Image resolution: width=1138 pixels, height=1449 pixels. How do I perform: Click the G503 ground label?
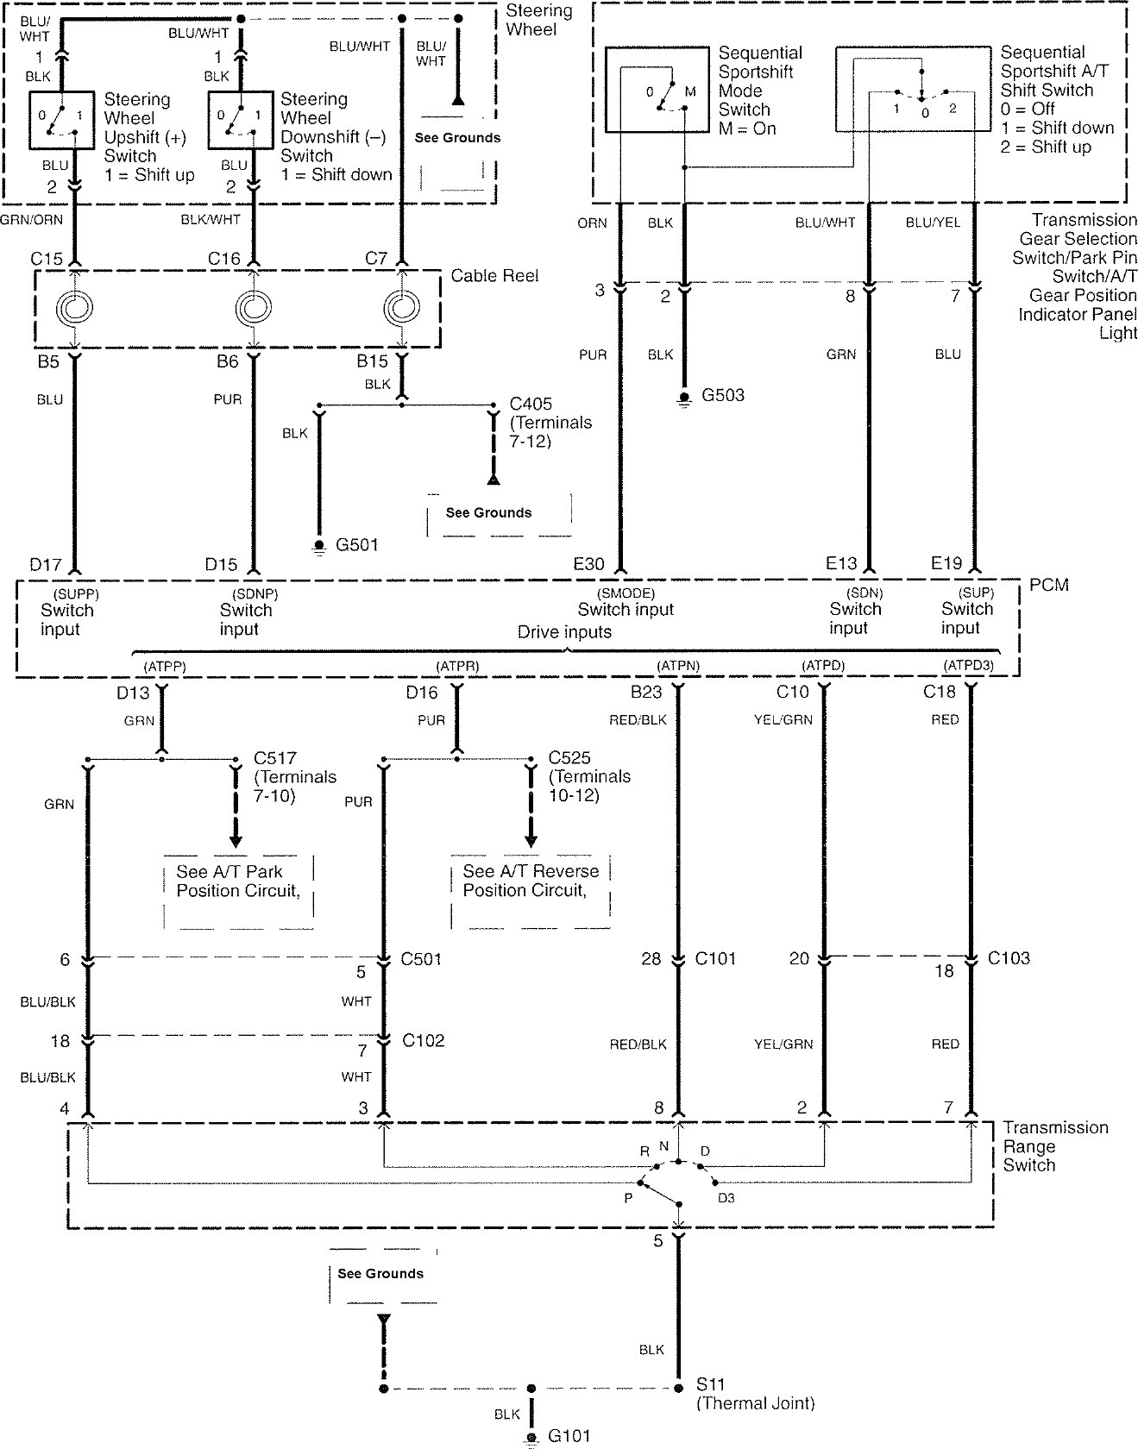722,395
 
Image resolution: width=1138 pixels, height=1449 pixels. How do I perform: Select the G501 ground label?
356,544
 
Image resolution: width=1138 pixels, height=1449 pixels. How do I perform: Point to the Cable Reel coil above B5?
74,307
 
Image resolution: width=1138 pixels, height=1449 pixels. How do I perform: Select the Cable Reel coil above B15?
402,307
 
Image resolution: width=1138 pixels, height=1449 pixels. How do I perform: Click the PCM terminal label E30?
588,564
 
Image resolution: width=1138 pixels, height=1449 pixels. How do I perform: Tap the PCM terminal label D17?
46,565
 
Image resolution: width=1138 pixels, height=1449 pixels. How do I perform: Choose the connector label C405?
531,404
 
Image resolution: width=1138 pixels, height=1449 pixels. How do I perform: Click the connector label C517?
275,758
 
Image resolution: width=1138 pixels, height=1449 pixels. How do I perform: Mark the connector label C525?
569,758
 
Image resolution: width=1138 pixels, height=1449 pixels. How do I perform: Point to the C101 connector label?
715,958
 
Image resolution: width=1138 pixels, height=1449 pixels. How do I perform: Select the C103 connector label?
1009,958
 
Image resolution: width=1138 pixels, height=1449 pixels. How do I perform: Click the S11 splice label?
711,1384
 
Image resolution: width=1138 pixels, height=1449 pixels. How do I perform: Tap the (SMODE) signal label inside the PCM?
626,593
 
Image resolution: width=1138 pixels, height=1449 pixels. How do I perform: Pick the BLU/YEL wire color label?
933,223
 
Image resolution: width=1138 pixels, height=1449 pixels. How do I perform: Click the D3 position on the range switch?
726,1198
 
